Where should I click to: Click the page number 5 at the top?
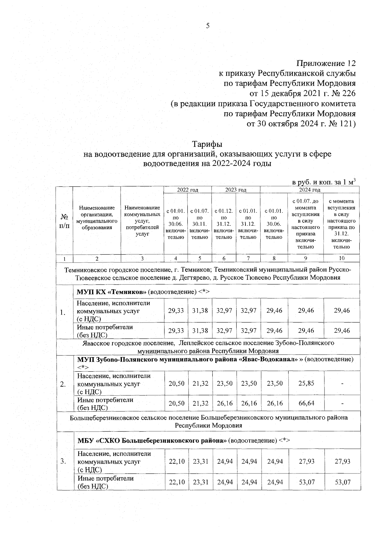point(208,26)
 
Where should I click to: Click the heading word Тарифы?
point(207,144)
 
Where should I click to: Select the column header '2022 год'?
point(187,190)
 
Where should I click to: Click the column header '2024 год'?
point(310,190)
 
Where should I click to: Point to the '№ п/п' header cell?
point(64,221)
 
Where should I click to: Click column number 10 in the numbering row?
point(342,258)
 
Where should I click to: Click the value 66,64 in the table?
point(306,403)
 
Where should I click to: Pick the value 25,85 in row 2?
point(306,383)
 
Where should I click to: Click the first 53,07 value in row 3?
point(306,482)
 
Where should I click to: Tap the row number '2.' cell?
point(63,384)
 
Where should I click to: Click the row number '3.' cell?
point(63,461)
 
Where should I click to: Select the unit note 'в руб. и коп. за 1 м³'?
point(323,182)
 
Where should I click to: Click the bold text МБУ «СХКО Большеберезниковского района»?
point(152,441)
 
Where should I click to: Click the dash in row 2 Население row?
point(342,383)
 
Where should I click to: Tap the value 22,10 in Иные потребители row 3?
point(177,482)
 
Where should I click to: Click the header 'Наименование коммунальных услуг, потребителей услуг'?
point(142,221)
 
